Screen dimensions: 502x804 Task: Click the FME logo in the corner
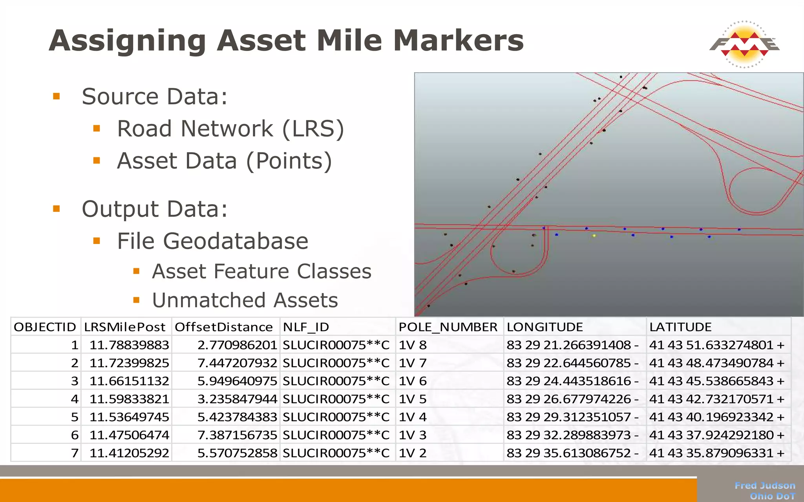pyautogui.click(x=744, y=44)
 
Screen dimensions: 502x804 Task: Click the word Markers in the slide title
pyautogui.click(x=458, y=41)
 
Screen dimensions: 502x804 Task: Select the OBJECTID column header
pyautogui.click(x=45, y=327)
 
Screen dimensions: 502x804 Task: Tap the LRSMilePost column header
pyautogui.click(x=124, y=327)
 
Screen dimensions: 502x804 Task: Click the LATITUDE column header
pyautogui.click(x=680, y=327)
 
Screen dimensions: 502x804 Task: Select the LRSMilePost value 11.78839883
pyautogui.click(x=129, y=345)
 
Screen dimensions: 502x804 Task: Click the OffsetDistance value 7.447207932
pyautogui.click(x=237, y=363)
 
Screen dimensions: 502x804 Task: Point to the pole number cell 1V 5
pyautogui.click(x=413, y=399)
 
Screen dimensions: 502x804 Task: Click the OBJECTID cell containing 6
pyautogui.click(x=75, y=435)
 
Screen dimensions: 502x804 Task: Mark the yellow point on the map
pyautogui.click(x=594, y=236)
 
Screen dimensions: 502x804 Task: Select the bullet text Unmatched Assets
pyautogui.click(x=245, y=300)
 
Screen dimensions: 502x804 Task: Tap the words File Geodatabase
pyautogui.click(x=212, y=241)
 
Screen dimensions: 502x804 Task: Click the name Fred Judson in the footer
pyautogui.click(x=765, y=486)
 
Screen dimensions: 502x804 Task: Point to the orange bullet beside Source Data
pyautogui.click(x=57, y=96)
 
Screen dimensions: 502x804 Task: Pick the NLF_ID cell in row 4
pyautogui.click(x=336, y=399)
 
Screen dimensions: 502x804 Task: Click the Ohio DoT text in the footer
pyautogui.click(x=772, y=496)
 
